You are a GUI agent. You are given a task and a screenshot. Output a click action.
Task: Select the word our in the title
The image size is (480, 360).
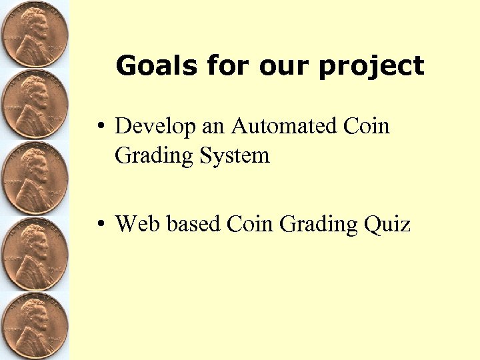tap(287, 65)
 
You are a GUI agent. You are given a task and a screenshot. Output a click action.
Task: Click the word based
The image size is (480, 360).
tap(193, 224)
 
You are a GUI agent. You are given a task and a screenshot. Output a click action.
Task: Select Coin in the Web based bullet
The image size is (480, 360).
tap(251, 224)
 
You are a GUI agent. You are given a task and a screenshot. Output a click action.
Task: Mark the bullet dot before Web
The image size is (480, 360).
tap(98, 225)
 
